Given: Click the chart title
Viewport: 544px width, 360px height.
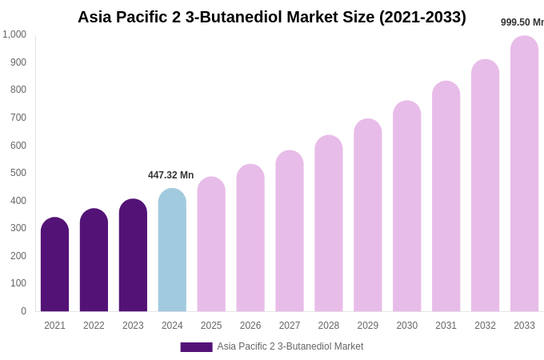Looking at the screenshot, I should tap(271, 17).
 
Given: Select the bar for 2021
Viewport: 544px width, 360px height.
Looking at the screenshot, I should tap(54, 265).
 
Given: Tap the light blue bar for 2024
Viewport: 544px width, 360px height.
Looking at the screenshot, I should tap(172, 250).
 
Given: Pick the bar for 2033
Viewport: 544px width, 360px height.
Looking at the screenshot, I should tap(524, 174).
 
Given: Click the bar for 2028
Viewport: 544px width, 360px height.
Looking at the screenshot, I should tap(329, 224).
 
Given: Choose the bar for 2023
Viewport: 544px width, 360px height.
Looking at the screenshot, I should tap(133, 256).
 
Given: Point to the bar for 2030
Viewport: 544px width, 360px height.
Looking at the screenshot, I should tap(406, 206).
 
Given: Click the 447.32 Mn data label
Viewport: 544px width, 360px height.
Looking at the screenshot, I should tap(170, 175).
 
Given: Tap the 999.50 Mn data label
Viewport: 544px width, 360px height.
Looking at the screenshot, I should tap(522, 22).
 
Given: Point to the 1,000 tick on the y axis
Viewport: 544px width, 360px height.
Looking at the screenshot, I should tap(14, 34).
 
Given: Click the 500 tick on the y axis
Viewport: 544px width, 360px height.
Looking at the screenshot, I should tap(18, 173).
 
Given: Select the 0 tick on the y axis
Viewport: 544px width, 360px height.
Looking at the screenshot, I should tap(23, 311).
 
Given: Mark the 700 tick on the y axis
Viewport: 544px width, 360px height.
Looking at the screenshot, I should tap(18, 118).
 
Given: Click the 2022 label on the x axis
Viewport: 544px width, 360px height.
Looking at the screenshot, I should tap(94, 326).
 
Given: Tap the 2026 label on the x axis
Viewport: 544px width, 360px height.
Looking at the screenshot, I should tap(250, 326).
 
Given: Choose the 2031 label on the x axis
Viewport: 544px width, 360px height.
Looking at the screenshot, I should tap(446, 326).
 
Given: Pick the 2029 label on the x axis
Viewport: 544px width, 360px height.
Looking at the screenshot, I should tap(368, 326).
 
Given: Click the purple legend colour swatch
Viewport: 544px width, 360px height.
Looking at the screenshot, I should tap(196, 347).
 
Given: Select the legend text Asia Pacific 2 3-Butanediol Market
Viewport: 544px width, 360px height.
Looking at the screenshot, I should tap(290, 346).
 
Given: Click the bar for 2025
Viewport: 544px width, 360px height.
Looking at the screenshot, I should tap(211, 245).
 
